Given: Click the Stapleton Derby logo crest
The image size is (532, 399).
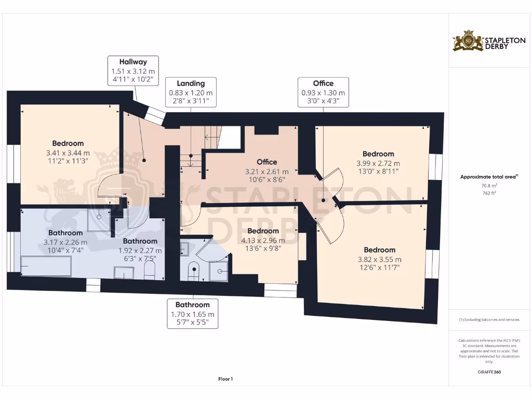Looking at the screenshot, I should point(468,41).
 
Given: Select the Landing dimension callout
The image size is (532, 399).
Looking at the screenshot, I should point(191,92).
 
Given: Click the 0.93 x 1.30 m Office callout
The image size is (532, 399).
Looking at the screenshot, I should point(323,92).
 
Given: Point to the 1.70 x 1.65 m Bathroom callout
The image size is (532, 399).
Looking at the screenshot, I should point(192,314).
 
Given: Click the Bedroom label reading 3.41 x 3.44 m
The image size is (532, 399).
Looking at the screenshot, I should point(68,153).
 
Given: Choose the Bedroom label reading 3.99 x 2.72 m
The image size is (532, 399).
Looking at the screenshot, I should point(378,163).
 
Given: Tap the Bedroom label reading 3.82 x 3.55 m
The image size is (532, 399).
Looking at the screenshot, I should point(379,259).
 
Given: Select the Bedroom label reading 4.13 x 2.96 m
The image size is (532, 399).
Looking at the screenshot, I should point(263,240).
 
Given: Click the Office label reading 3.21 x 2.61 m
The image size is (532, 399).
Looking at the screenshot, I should point(267,171).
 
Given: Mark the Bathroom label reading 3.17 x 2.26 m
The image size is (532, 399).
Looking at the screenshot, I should point(65,242).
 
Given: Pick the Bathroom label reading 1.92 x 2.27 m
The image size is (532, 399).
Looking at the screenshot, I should point(140,250).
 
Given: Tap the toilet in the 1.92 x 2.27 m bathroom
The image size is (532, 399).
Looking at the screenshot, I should point(150,270).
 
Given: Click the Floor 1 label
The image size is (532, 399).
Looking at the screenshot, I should point(225,379).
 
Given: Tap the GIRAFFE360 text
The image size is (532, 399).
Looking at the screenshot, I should point(488,372).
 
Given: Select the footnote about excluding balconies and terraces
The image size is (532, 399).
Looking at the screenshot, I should point(488,320).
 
